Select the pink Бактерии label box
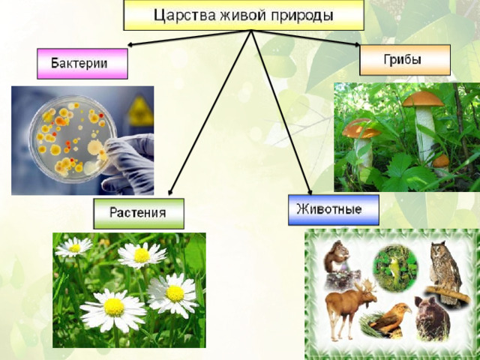coord(82,64)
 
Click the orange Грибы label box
coord(405,60)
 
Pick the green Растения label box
coord(139,213)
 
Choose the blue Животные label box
coord(334,210)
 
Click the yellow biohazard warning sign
coord(140,112)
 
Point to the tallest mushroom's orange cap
coord(423,99)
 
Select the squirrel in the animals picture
coord(336,256)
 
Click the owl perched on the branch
coord(444,269)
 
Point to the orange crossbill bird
coord(390,318)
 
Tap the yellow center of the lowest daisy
coord(114,307)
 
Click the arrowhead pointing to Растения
coord(170,192)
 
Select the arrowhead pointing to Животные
coord(310,192)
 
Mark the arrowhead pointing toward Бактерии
coord(130,45)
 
